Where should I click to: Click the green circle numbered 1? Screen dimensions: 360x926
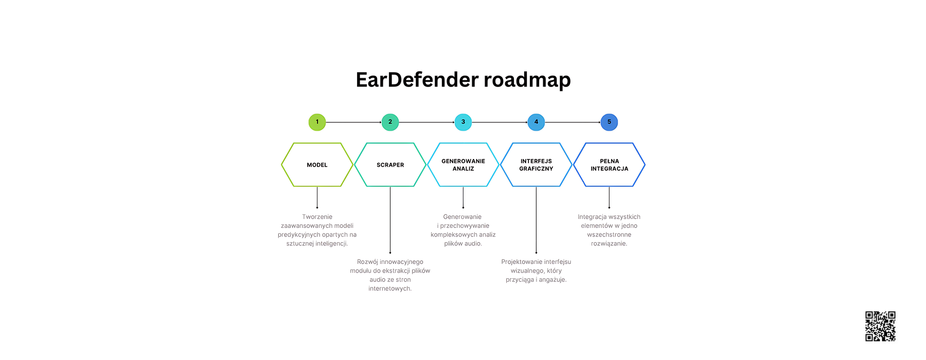(317, 122)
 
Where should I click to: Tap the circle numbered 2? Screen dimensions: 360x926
(390, 122)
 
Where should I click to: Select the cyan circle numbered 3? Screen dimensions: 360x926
(463, 122)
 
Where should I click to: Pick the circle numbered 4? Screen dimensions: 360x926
(536, 122)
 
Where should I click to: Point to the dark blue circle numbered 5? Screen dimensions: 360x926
(609, 122)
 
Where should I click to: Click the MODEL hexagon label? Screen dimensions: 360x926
(317, 165)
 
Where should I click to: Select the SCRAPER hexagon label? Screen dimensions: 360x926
(390, 165)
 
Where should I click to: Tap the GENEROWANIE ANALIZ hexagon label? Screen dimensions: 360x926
(463, 165)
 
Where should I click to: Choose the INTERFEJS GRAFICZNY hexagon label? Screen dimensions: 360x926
(536, 165)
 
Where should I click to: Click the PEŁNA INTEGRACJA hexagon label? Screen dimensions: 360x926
(609, 165)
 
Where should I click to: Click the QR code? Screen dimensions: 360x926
(880, 326)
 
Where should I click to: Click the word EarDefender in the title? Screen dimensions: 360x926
(417, 80)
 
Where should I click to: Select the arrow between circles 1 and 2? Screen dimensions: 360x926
(353, 122)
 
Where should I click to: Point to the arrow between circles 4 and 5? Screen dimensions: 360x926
(573, 122)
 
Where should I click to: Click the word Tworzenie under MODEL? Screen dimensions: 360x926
(317, 217)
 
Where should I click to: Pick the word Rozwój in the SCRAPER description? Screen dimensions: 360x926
(367, 262)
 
